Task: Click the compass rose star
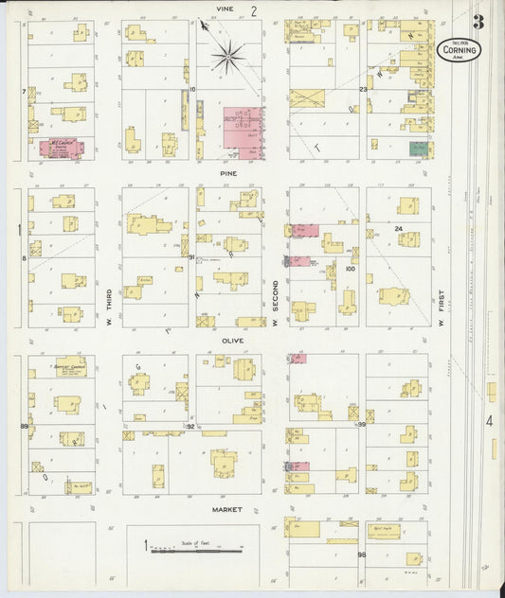[227, 56]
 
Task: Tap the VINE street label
[224, 9]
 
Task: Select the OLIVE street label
[232, 340]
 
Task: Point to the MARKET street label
[226, 509]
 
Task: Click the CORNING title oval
[459, 49]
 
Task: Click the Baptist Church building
[70, 367]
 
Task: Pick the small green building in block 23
[418, 149]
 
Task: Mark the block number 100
[350, 269]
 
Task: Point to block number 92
[190, 427]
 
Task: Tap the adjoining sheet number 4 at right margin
[489, 420]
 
